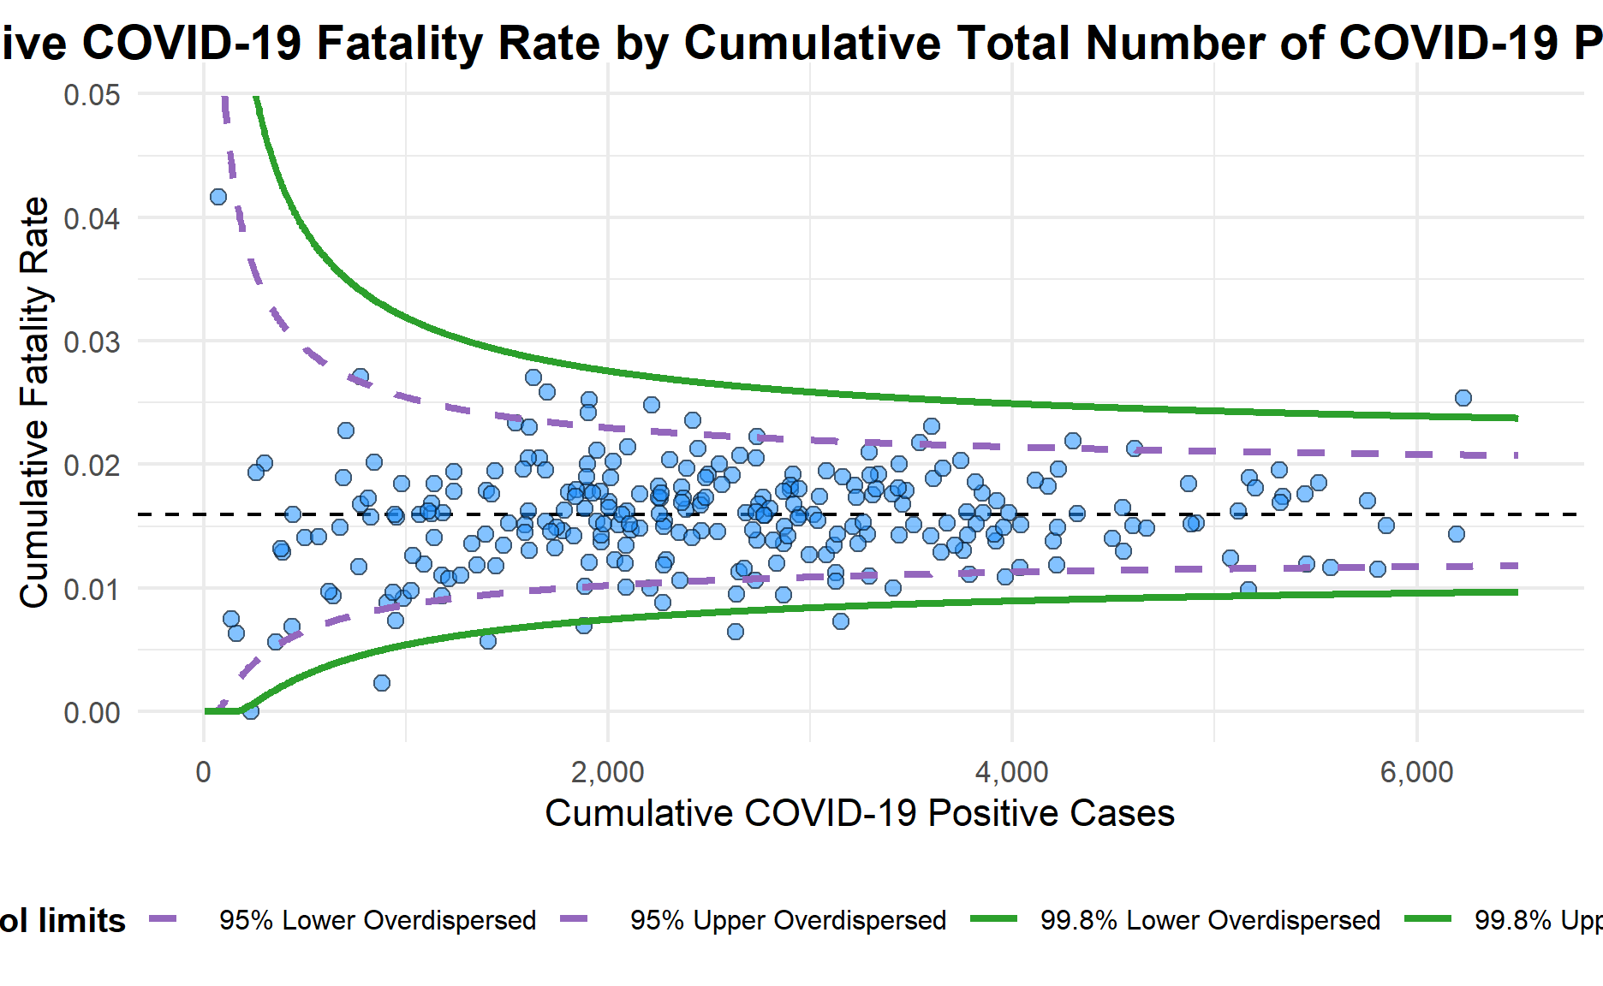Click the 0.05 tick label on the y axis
tap(92, 94)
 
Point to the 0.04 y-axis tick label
tap(92, 218)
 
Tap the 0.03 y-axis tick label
tap(92, 342)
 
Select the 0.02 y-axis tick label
tap(92, 465)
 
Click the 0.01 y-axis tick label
tap(92, 589)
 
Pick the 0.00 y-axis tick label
tap(92, 712)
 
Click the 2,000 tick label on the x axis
tap(607, 772)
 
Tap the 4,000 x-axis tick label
tap(1011, 772)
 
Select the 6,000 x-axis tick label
tap(1416, 772)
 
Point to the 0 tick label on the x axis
tap(203, 772)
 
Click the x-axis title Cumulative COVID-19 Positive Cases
tap(860, 813)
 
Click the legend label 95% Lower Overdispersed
tap(378, 920)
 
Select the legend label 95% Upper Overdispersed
tap(788, 920)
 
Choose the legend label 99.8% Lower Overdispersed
tap(1210, 920)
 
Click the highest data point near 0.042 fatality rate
tap(218, 197)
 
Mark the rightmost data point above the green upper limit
tap(1463, 398)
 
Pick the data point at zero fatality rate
tap(251, 710)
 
